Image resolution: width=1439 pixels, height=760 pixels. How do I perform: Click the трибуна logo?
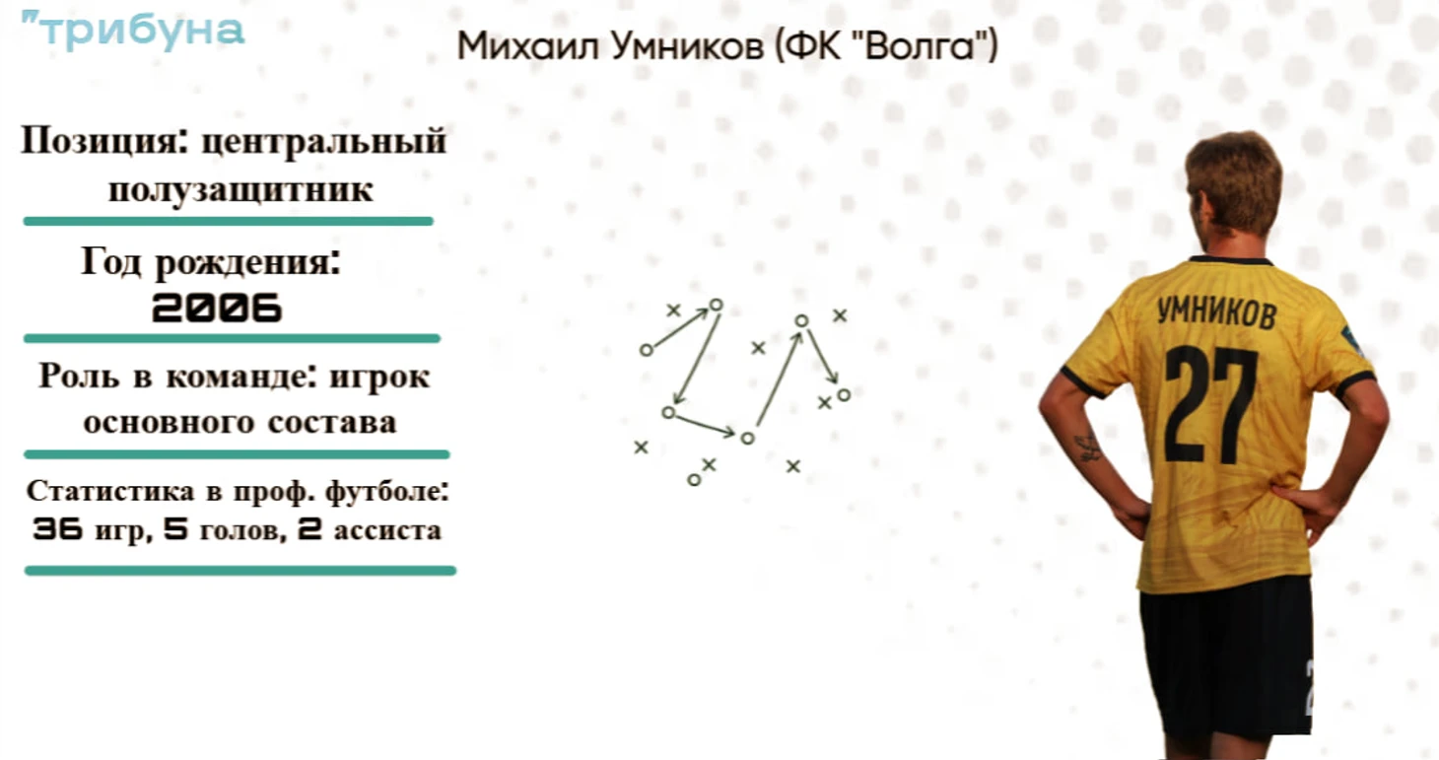134,30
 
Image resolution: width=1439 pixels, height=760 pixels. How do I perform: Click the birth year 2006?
217,308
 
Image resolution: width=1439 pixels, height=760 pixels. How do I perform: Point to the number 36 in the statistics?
58,528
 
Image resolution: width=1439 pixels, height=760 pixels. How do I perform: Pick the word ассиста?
387,530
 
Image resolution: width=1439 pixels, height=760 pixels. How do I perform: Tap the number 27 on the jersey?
1211,404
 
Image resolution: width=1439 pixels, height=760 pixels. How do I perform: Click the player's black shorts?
1227,661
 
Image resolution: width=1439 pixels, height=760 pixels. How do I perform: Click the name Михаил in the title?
528,46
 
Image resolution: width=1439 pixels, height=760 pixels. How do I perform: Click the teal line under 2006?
232,338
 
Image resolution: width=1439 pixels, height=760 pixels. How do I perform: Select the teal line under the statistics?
240,571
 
